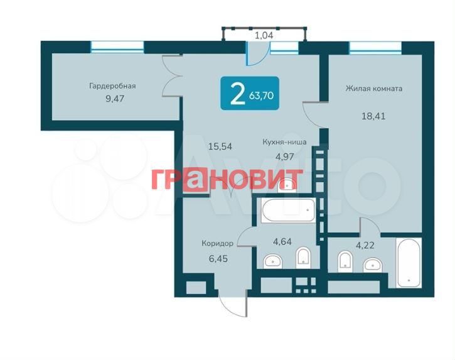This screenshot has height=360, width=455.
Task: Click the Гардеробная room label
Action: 112,86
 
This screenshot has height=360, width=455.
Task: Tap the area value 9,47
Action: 115,99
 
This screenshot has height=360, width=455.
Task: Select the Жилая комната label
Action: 374,89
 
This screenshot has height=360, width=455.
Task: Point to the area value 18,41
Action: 373,116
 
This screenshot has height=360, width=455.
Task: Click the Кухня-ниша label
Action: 284,142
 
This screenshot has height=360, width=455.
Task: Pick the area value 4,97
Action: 284,157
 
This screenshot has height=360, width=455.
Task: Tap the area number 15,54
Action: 220,146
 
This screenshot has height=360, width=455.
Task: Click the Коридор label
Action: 217,243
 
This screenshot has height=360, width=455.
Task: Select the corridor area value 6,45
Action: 218,259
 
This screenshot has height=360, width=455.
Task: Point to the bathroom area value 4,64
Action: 282,242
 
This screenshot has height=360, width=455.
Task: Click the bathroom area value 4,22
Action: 365,246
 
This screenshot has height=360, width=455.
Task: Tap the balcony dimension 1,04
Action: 264,35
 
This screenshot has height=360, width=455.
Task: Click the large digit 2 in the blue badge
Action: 237,94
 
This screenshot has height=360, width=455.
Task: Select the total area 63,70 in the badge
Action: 261,95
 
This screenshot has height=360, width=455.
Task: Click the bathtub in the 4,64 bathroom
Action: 288,210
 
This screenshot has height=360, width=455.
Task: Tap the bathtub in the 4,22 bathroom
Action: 409,263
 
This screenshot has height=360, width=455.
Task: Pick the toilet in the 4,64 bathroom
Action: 303,258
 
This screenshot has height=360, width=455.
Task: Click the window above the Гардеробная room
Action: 117,47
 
